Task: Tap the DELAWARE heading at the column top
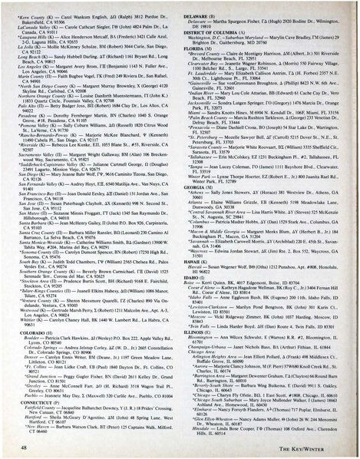tap(203, 13)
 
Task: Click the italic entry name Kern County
tap(31, 14)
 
